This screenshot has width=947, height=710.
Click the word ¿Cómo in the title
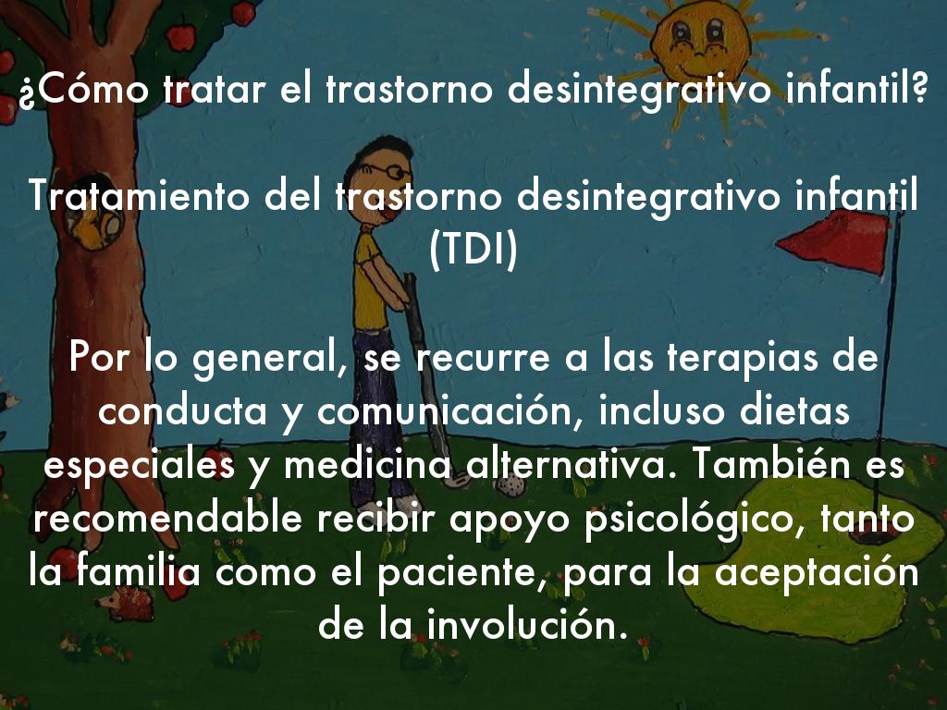(x=83, y=90)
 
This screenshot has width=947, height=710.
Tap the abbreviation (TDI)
(x=473, y=250)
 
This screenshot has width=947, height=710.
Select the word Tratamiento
(x=140, y=196)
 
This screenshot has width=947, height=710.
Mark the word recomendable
(x=167, y=519)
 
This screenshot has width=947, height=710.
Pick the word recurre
(x=483, y=358)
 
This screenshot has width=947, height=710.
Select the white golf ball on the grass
(x=510, y=484)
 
